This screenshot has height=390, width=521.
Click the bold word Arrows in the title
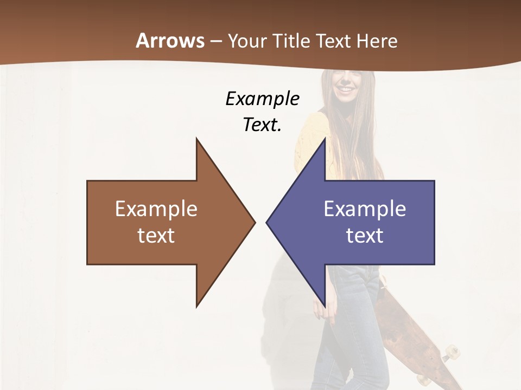point(169,41)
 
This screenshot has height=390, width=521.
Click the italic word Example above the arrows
point(262,99)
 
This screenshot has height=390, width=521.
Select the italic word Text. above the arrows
point(262,125)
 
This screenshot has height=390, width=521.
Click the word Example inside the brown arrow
point(156,209)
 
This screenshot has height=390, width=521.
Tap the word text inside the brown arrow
point(156,235)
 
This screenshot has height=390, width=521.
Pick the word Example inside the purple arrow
point(365,209)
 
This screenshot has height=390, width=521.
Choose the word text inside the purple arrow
point(365,235)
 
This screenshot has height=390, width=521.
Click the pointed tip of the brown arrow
point(255,222)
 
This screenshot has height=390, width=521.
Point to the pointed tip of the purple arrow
point(266,222)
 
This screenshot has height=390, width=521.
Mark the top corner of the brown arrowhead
point(196,139)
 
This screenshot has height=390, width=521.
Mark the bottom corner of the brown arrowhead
point(196,307)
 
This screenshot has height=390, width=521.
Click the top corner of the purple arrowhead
point(325,139)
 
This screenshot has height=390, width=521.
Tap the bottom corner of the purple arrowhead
point(325,307)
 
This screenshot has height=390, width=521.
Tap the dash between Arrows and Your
point(215,41)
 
